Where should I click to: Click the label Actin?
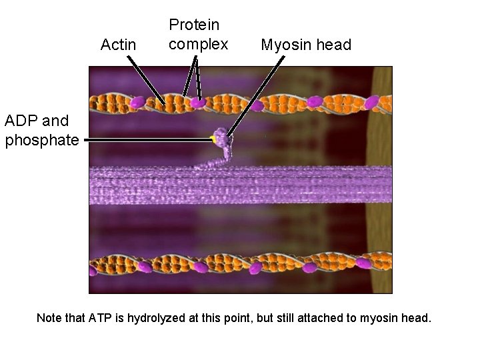(118, 45)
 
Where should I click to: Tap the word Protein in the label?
(194, 25)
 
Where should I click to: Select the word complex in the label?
(199, 45)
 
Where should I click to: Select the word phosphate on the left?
(42, 141)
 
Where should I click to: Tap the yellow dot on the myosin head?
(213, 139)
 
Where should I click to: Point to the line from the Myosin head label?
(257, 96)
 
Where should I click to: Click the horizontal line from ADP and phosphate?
(147, 140)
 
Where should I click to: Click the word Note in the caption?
(50, 318)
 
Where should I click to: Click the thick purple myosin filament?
(240, 185)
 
